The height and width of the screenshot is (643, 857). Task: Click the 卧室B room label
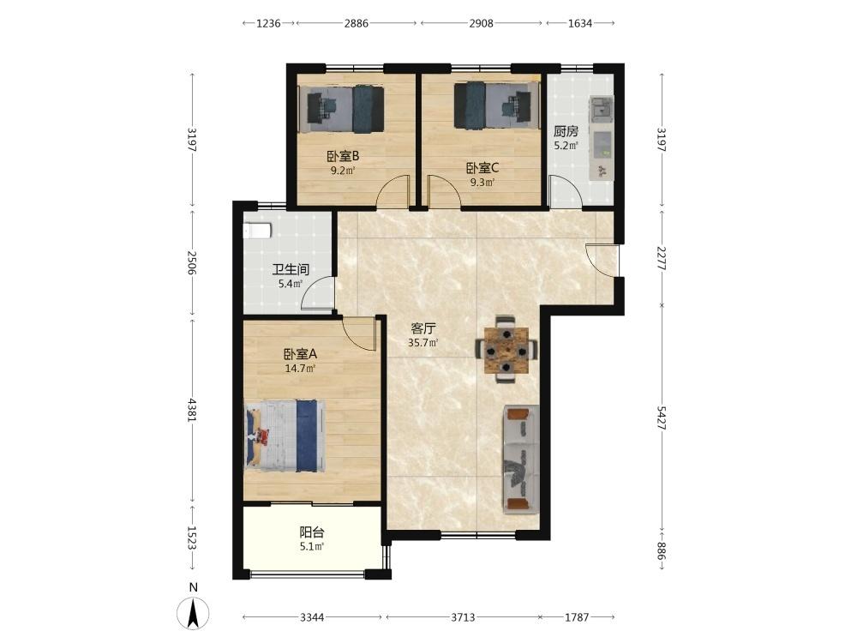344,156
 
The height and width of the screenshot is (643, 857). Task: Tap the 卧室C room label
482,168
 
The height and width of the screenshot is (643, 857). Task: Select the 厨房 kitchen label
566,131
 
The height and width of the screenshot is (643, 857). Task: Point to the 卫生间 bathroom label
291,269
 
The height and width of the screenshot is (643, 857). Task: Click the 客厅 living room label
423,329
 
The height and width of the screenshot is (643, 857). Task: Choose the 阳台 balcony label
312,532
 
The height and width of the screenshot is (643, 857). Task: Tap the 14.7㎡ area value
299,369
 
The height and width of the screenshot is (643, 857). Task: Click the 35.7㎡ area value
423,344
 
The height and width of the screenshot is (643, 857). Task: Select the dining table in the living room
506,350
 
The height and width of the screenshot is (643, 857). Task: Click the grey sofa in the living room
521,460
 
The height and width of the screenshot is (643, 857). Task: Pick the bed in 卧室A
285,436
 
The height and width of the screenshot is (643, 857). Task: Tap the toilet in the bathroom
257,230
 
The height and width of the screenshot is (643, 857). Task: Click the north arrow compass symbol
193,612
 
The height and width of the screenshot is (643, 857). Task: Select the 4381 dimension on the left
192,409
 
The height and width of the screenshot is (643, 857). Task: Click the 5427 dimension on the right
662,418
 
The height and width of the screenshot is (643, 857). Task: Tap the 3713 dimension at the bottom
463,617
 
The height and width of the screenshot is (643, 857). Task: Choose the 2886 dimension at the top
356,23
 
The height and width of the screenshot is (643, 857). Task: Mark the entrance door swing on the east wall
602,261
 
